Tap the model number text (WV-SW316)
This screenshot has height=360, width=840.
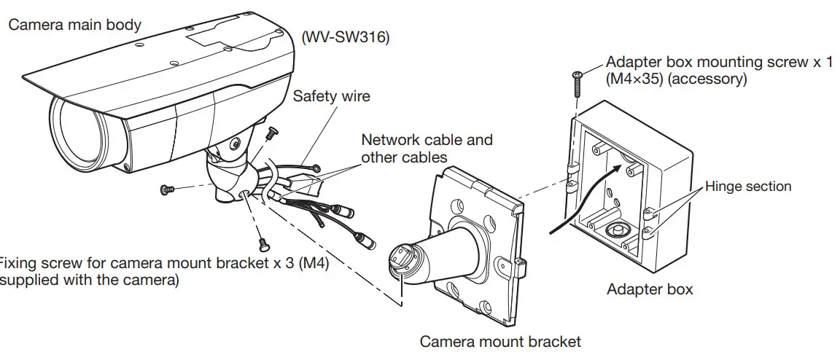click(x=345, y=37)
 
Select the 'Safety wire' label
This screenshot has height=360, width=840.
click(x=331, y=96)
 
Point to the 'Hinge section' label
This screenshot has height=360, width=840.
click(x=747, y=187)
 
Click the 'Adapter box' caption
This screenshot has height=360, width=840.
click(x=650, y=289)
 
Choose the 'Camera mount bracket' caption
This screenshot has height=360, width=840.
click(x=500, y=341)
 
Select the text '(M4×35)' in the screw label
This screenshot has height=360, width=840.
click(x=634, y=79)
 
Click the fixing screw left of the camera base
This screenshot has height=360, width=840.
click(x=166, y=189)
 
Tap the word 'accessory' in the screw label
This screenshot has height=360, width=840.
click(x=707, y=79)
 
